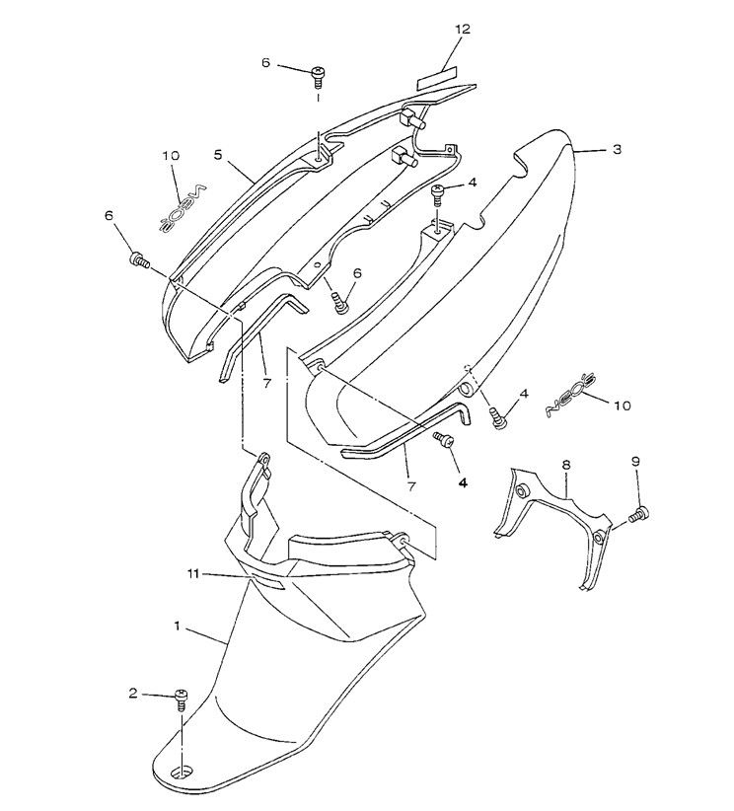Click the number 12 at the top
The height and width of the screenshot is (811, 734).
click(462, 30)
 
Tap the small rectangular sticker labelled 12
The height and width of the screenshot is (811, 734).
click(437, 78)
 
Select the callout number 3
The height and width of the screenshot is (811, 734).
click(616, 150)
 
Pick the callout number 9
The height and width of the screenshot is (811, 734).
click(635, 462)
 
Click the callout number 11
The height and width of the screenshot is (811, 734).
click(195, 573)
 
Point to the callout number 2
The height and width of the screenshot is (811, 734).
click(133, 693)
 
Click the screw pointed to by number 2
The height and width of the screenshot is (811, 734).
click(181, 700)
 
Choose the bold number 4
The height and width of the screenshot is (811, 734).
click(462, 483)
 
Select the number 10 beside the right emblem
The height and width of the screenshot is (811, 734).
click(622, 405)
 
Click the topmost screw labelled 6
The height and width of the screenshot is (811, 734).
click(319, 73)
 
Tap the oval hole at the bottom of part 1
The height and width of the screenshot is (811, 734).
click(183, 773)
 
